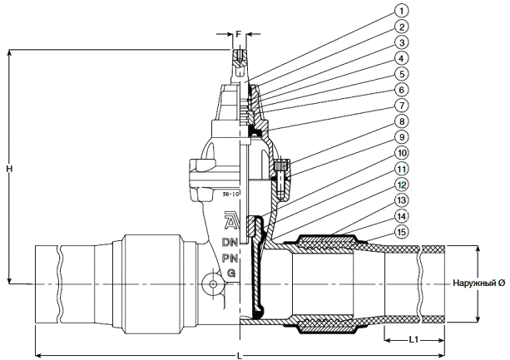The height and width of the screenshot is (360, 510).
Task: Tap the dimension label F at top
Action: (x=239, y=35)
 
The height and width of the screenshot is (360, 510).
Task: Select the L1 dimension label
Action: (x=413, y=339)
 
